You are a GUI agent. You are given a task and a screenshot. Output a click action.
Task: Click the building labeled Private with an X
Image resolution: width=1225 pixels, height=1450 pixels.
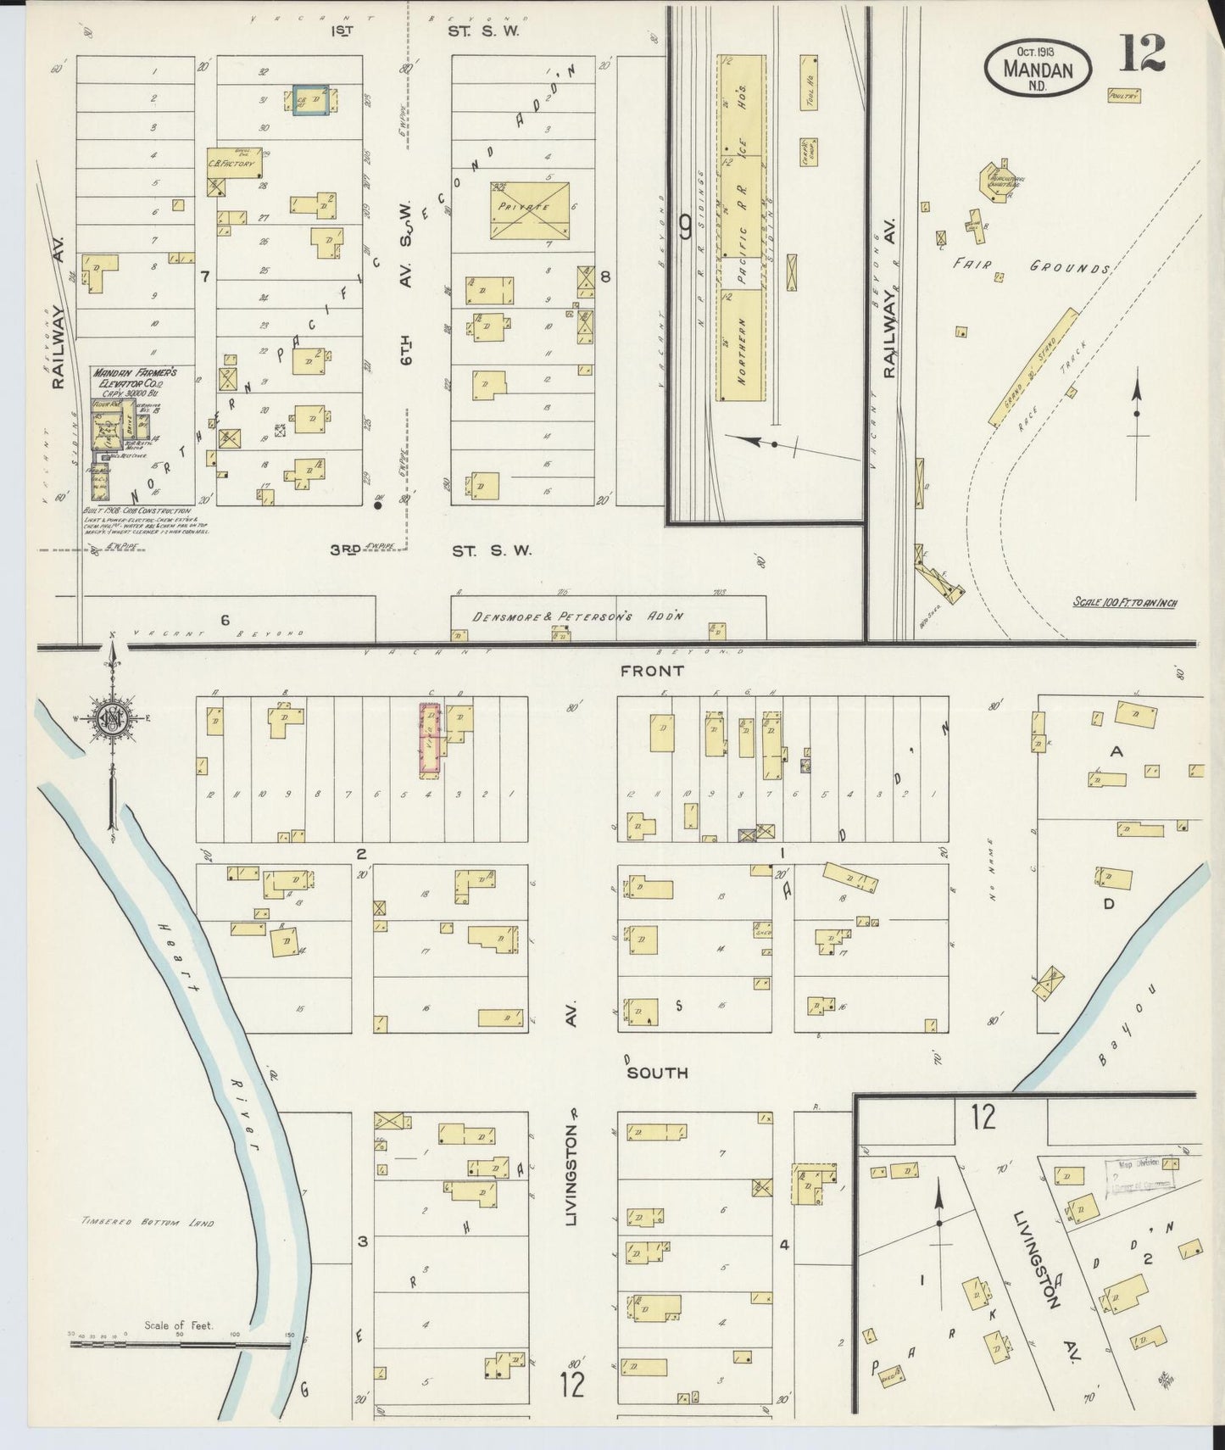tap(529, 209)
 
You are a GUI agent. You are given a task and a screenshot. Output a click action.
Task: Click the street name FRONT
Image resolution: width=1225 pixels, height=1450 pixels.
tap(652, 671)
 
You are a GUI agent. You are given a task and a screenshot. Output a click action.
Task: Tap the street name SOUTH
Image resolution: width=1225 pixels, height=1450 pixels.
tap(657, 1073)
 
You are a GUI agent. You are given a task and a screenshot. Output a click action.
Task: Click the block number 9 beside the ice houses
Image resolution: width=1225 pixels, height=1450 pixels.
tap(685, 226)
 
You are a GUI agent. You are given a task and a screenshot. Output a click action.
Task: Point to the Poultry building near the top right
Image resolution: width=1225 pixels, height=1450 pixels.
tap(1121, 96)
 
